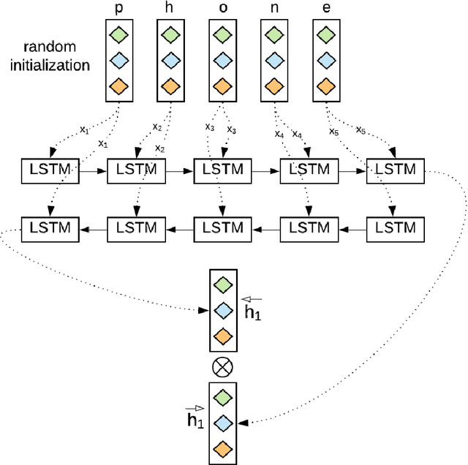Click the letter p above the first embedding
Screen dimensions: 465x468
pyautogui.click(x=119, y=8)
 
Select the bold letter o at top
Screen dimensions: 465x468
pyautogui.click(x=222, y=8)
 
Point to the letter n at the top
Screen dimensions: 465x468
pyautogui.click(x=274, y=8)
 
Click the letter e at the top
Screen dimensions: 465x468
pyautogui.click(x=326, y=8)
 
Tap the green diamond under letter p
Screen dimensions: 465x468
pyautogui.click(x=119, y=34)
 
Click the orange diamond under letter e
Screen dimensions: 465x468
pyautogui.click(x=326, y=87)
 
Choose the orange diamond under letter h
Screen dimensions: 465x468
pyautogui.click(x=171, y=87)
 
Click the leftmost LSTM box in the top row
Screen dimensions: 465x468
pyautogui.click(x=49, y=170)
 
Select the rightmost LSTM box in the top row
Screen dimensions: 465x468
pyautogui.click(x=396, y=170)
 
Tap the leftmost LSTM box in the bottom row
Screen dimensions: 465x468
pyautogui.click(x=49, y=229)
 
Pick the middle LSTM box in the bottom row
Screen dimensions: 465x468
pyautogui.click(x=222, y=229)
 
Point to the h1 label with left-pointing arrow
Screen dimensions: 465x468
pyautogui.click(x=253, y=310)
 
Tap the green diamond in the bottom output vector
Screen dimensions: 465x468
pyautogui.click(x=222, y=397)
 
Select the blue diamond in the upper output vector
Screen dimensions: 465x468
pyautogui.click(x=222, y=310)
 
